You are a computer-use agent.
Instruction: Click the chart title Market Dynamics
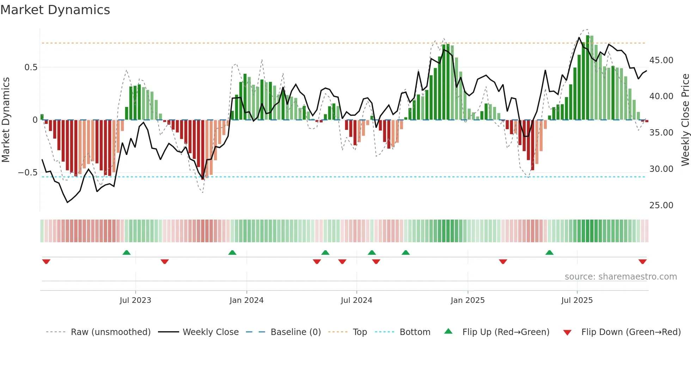55,10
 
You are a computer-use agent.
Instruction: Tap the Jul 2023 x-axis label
135,300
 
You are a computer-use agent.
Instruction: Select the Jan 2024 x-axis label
246,300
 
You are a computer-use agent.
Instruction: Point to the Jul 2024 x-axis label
356,300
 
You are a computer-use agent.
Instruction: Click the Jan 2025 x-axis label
467,300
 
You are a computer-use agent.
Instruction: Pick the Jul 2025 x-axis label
577,300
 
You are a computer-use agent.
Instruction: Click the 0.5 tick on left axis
31,67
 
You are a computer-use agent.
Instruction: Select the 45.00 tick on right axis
661,60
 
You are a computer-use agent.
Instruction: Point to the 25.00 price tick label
661,205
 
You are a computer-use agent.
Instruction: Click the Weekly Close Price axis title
685,120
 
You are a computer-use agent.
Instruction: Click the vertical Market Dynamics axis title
6,120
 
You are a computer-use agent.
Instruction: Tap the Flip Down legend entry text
631,332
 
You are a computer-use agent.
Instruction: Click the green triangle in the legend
448,331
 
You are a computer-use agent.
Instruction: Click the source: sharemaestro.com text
620,277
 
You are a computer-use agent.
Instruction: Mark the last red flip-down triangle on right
642,262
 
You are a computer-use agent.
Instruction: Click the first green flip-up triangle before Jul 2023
127,252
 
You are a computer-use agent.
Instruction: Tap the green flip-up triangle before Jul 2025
549,252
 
